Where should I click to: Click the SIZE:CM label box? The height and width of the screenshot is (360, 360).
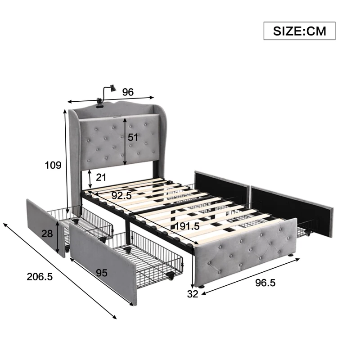click(299, 31)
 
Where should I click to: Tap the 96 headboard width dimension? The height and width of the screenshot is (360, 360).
click(128, 92)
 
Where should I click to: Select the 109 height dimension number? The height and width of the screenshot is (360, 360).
click(53, 165)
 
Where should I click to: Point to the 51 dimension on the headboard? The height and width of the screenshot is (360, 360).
click(133, 137)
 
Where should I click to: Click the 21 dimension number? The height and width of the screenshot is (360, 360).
click(101, 177)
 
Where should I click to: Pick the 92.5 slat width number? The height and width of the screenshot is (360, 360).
click(121, 195)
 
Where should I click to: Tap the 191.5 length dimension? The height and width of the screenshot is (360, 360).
click(187, 226)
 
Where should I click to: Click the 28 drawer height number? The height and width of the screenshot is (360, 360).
click(47, 234)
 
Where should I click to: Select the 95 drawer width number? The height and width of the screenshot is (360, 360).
click(102, 273)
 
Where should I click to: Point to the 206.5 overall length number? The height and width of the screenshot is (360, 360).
click(40, 277)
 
